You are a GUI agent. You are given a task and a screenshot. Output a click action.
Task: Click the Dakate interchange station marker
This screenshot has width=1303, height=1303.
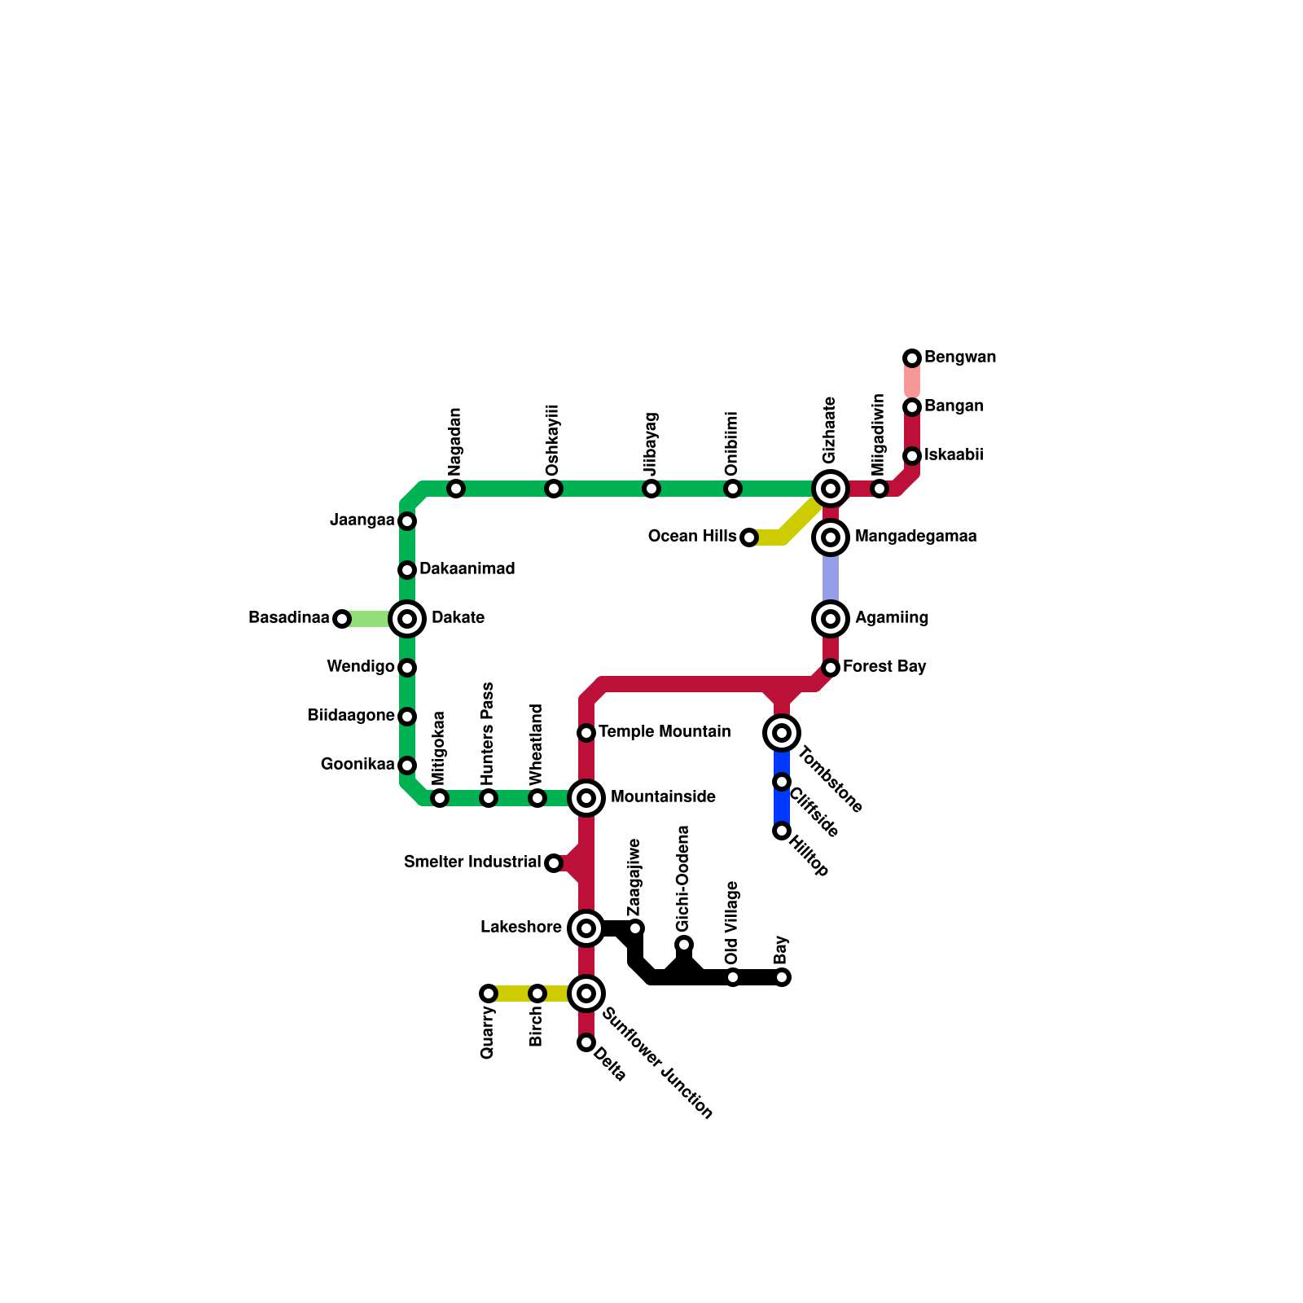pyautogui.click(x=407, y=619)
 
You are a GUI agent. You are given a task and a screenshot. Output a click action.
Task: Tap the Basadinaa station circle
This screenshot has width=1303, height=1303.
pyautogui.click(x=342, y=619)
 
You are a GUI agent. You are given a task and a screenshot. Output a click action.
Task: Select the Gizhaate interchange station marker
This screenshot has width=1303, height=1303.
pyautogui.click(x=831, y=489)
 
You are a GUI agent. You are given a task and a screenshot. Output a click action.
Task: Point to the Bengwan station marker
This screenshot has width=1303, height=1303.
pyautogui.click(x=912, y=358)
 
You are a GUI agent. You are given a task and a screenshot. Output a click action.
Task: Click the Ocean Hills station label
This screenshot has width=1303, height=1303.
pyautogui.click(x=692, y=537)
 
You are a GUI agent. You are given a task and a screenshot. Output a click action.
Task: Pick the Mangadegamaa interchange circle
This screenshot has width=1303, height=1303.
pyautogui.click(x=831, y=537)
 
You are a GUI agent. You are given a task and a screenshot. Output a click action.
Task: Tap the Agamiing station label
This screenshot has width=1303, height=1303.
pyautogui.click(x=891, y=618)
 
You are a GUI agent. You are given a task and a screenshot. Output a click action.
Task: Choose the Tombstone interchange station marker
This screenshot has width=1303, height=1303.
pyautogui.click(x=782, y=733)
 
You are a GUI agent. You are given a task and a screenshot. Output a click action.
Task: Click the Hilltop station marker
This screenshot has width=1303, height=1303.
pyautogui.click(x=782, y=831)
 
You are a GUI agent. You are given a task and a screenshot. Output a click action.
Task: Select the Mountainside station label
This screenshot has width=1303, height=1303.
pyautogui.click(x=663, y=797)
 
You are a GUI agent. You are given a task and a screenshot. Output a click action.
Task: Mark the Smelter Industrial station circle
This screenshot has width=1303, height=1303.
pyautogui.click(x=554, y=863)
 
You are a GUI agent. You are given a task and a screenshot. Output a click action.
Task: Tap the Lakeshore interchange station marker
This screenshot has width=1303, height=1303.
pyautogui.click(x=586, y=928)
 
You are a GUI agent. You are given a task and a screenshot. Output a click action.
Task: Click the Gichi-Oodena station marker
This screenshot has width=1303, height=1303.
pyautogui.click(x=684, y=945)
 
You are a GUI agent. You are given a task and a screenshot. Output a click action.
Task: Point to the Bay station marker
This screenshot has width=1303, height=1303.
pyautogui.click(x=782, y=977)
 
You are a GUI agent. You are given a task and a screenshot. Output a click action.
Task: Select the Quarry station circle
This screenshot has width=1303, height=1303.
pyautogui.click(x=489, y=994)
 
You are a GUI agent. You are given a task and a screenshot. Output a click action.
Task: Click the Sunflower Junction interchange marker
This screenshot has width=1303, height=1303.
pyautogui.click(x=586, y=994)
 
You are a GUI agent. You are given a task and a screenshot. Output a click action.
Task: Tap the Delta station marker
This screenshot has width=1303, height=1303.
pyautogui.click(x=586, y=1042)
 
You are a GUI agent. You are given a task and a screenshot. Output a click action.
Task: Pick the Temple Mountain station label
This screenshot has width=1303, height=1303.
pyautogui.click(x=665, y=732)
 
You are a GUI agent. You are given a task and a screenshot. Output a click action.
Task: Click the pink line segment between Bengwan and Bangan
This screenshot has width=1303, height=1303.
pyautogui.click(x=912, y=382)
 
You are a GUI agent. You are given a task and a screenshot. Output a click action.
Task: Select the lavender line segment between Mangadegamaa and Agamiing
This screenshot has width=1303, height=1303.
pyautogui.click(x=831, y=578)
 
